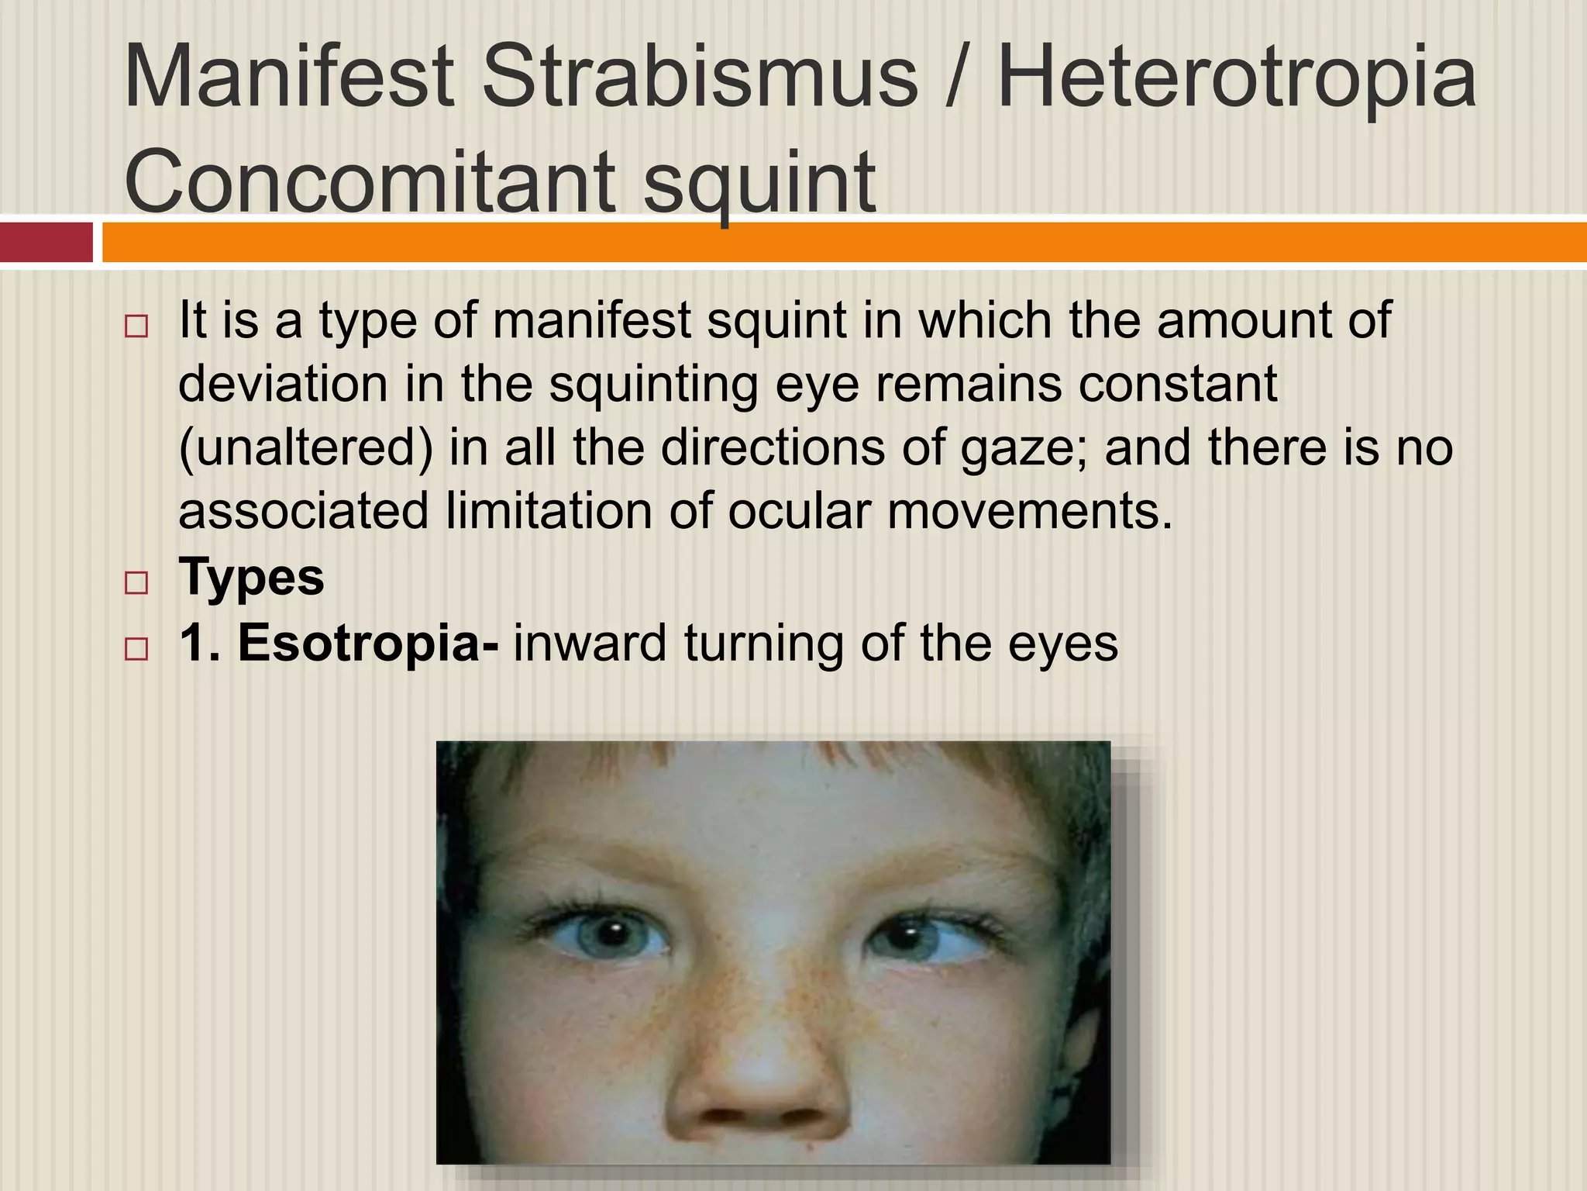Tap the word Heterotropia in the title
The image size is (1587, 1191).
click(1237, 78)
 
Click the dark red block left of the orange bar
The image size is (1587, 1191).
click(46, 243)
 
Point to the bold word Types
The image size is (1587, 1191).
click(251, 578)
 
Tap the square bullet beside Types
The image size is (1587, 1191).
click(136, 582)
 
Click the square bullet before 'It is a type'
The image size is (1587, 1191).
click(136, 326)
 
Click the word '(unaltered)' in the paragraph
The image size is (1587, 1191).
click(306, 448)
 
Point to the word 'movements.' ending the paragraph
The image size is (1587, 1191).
click(1031, 513)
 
